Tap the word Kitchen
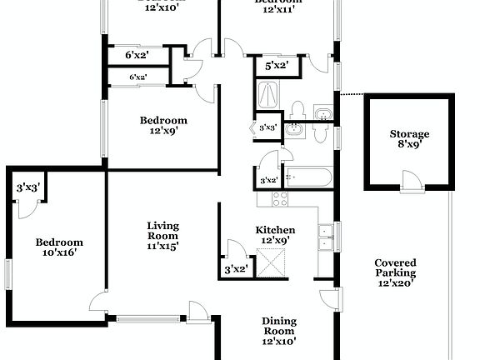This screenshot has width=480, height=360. [275, 231]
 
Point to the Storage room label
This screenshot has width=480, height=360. [410, 134]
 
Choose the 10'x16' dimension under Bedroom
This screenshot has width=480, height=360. [59, 252]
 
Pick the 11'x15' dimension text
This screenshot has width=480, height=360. [163, 246]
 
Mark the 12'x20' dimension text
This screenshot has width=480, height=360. [395, 283]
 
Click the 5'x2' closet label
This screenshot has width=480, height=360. [277, 65]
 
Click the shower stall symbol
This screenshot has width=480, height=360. [269, 94]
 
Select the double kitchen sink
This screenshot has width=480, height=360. [326, 237]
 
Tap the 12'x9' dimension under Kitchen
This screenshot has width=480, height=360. [275, 241]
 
